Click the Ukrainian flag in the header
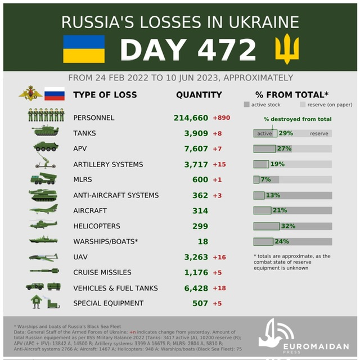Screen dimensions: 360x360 coord(84,49)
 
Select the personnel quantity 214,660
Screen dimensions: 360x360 coord(191,118)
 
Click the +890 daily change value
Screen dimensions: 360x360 coord(221,118)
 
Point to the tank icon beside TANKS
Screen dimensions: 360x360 coord(45,132)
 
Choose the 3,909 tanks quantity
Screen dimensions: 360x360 coord(195,133)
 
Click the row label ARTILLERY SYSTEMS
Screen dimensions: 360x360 coord(108,164)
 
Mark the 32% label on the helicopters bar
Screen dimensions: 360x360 coord(288,226)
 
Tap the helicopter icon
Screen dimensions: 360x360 coord(44,224)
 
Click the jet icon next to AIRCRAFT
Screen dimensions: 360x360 coord(44,209)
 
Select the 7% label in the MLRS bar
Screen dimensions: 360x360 coord(265,179)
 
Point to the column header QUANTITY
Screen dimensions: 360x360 coord(199,94)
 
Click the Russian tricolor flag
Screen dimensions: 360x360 coord(55,93)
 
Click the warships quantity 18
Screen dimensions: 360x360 coord(202,241)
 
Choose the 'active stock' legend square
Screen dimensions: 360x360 coord(246,105)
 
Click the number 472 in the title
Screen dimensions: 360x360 coord(228,51)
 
